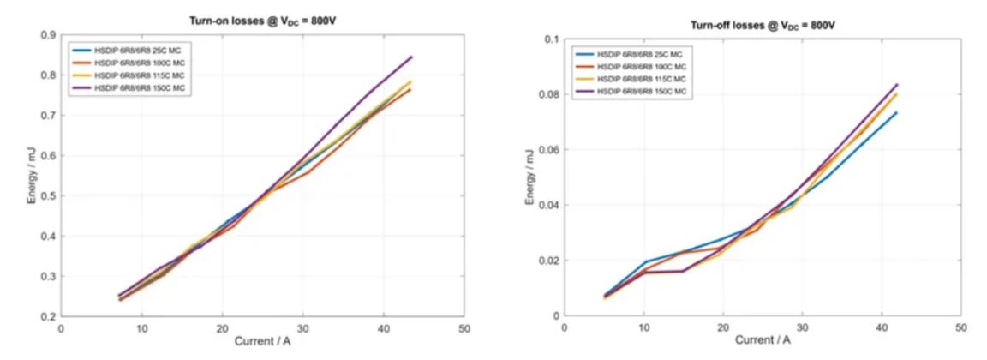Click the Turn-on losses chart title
pyautogui.click(x=261, y=19)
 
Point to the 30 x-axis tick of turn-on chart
pyautogui.click(x=302, y=328)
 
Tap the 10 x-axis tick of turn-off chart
pyautogui.click(x=643, y=327)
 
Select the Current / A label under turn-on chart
pyautogui.click(x=262, y=341)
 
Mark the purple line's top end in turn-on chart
pyautogui.click(x=412, y=57)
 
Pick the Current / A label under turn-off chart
pyautogui.click(x=762, y=340)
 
